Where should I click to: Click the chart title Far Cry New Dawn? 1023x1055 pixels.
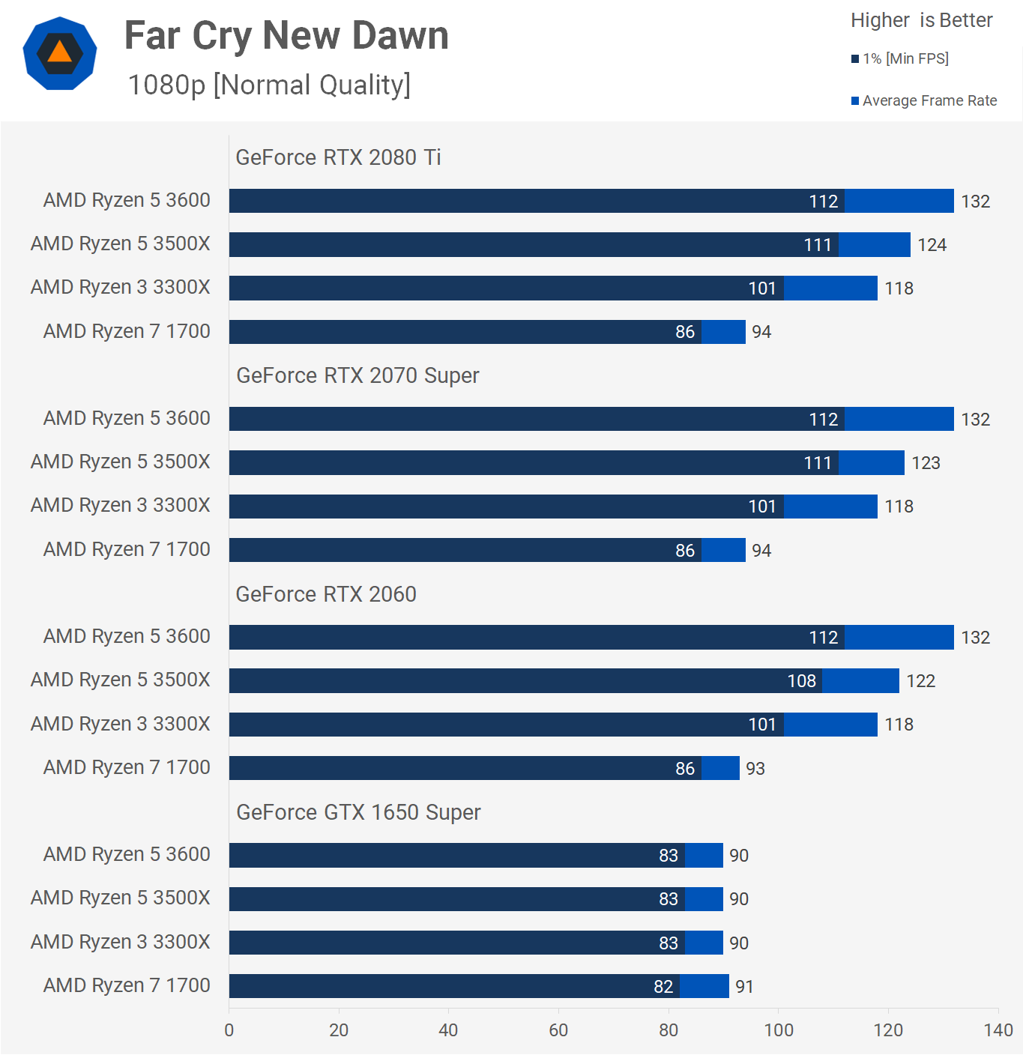(286, 35)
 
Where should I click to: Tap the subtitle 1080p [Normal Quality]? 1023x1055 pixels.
(269, 85)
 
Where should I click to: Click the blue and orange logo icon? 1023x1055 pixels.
(60, 53)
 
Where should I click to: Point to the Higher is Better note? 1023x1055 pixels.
(921, 20)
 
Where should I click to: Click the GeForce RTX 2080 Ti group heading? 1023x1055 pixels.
(338, 157)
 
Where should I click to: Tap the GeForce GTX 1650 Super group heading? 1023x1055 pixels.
(358, 812)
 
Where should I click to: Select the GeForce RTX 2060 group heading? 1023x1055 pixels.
(326, 594)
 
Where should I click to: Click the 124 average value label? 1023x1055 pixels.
(932, 245)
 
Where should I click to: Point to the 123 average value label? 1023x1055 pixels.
(926, 463)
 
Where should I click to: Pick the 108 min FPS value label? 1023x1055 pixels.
(801, 681)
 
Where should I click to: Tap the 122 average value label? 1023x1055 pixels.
(920, 681)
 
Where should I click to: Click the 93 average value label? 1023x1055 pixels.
(755, 769)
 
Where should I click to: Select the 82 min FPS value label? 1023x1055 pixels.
(663, 987)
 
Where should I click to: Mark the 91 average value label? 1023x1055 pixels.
(744, 987)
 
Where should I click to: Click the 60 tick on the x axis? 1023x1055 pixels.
(558, 1030)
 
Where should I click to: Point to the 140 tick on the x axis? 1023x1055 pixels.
(998, 1030)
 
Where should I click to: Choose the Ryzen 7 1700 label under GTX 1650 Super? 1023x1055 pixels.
(127, 985)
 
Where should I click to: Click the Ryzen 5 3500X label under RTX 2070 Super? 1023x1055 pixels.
(120, 462)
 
